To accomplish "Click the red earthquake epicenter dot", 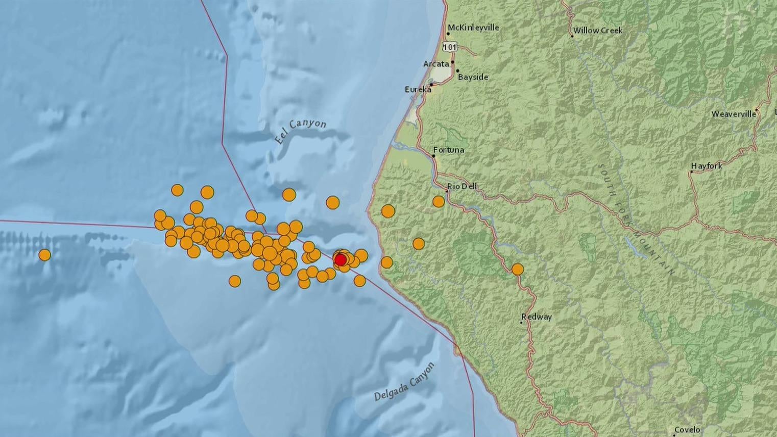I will coord(340,260).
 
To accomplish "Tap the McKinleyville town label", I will coord(473,28).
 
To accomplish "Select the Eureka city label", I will coord(418,89).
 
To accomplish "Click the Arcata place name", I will coord(436,64).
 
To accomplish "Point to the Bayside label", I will coord(473,77).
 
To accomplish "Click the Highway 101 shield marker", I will coord(449,47).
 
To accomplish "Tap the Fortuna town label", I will coord(448,150).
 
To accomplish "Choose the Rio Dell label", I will coord(462,186).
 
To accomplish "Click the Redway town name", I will coord(537,317).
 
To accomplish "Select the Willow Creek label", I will coord(597,31).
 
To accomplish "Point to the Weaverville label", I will coord(734,114).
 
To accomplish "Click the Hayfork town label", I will coord(707,166).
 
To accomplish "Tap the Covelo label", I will coord(687,430).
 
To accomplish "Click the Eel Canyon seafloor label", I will coord(300,132).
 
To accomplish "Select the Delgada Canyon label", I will coord(404,382).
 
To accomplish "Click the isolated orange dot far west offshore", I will coord(45,255).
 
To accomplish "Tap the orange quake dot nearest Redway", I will coord(518,269).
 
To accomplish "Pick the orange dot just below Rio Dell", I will coord(439,202).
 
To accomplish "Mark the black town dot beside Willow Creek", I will coord(572,36).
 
